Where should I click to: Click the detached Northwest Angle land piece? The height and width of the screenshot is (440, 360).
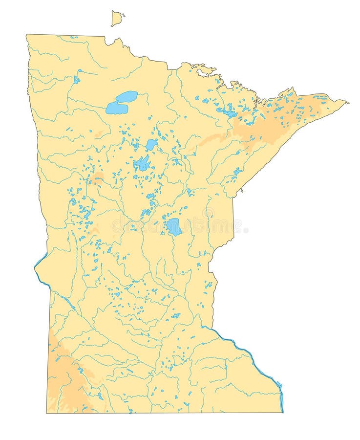pos(116,19)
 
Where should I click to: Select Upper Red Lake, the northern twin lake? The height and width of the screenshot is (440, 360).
pos(127,96)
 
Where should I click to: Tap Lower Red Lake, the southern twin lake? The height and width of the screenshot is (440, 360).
pos(116,108)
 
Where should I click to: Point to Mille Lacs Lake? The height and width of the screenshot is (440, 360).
pos(173,227)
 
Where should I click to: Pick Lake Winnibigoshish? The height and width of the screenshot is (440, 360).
pos(151,144)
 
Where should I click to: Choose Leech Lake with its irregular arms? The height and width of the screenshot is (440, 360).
pos(142,163)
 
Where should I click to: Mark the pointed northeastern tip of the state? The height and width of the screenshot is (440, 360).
pos(347,102)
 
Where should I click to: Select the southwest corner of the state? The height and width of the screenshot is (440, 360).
pos(47,413)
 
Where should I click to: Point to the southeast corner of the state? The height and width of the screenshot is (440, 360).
pos(282,412)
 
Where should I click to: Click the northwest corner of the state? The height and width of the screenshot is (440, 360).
pos(27,35)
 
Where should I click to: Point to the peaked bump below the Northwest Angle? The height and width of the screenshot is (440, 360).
pos(117,41)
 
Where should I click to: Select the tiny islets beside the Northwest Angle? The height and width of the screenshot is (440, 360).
pos(124,15)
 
